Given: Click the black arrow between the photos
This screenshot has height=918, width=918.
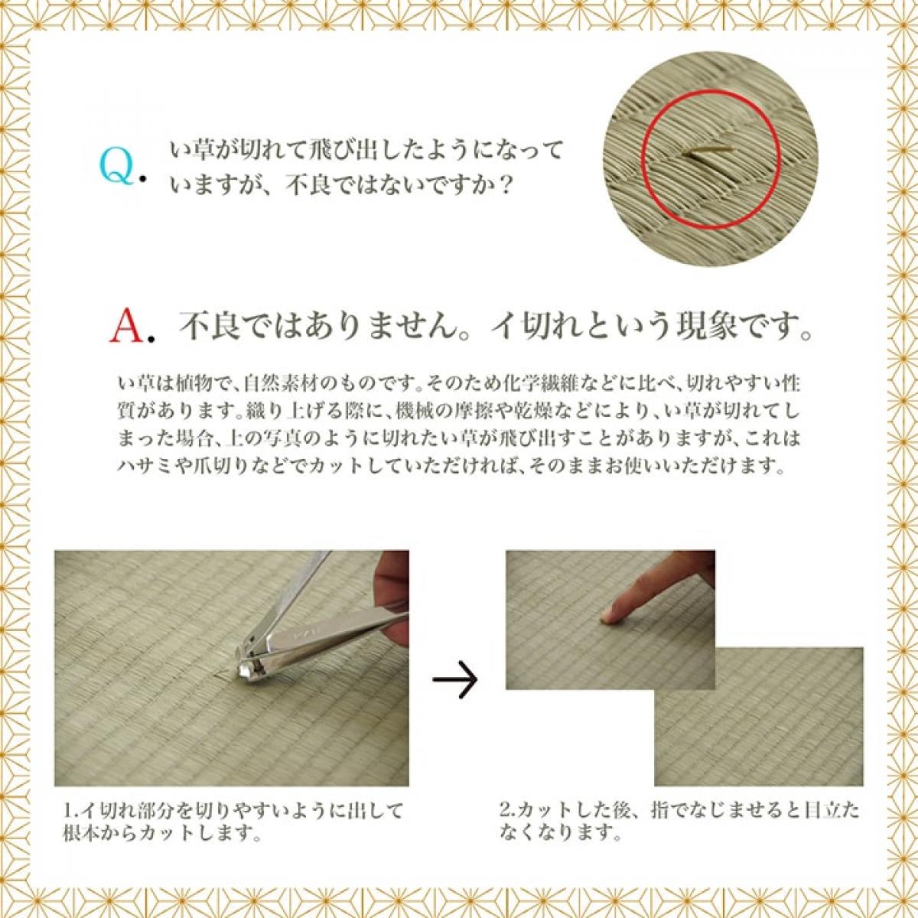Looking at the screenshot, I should coord(454,678).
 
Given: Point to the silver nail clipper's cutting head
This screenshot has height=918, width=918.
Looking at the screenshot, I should coord(250,662).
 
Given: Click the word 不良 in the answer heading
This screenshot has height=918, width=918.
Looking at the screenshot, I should coord(202,328).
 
